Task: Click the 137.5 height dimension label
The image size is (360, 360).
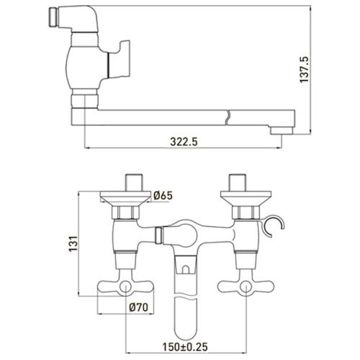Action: tap(304, 70)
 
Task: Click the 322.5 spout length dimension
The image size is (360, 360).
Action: tap(184, 142)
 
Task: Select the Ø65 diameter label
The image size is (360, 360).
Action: tap(163, 196)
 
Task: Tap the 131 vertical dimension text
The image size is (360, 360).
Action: tap(73, 243)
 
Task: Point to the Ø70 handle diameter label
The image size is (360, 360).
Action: tap(138, 307)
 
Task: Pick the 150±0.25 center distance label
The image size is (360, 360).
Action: tap(185, 347)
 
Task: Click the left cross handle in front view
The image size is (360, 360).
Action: tap(125, 287)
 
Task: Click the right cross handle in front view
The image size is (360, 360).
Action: tap(246, 287)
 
